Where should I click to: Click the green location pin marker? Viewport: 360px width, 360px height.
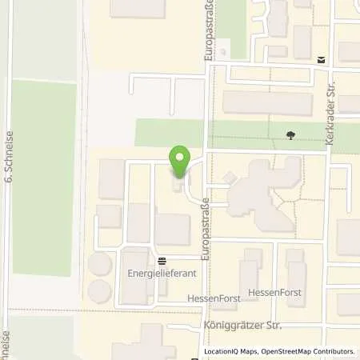pos(180,159)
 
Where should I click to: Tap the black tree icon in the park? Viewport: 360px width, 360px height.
pos(290,135)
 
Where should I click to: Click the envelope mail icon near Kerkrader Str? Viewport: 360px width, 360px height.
pos(320,59)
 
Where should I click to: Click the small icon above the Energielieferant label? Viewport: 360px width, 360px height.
pos(162,261)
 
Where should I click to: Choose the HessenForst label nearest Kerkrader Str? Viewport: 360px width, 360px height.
pos(276,293)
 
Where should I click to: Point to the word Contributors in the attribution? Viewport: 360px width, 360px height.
pos(334,351)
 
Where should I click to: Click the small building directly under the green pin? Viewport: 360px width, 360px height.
pos(176,186)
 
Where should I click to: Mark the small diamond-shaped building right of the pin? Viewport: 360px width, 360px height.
pos(230,176)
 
